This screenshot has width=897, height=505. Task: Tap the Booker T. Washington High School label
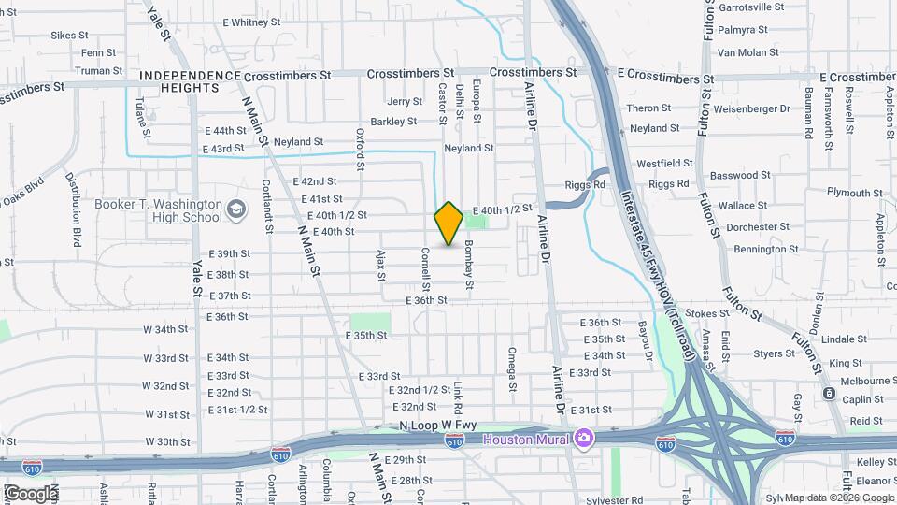pos(158,210)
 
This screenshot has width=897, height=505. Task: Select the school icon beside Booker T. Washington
pos(235,208)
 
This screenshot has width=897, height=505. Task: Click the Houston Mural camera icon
pos(584,438)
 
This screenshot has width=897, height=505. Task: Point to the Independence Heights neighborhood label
pos(179,80)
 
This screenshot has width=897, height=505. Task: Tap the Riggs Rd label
pos(587,184)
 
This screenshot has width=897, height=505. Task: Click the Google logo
pos(30,493)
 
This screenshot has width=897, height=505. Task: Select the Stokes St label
pos(706,313)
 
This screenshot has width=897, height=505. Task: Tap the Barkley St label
pos(393,122)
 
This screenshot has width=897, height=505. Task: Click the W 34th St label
pos(165,329)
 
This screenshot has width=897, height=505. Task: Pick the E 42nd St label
pos(314,181)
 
